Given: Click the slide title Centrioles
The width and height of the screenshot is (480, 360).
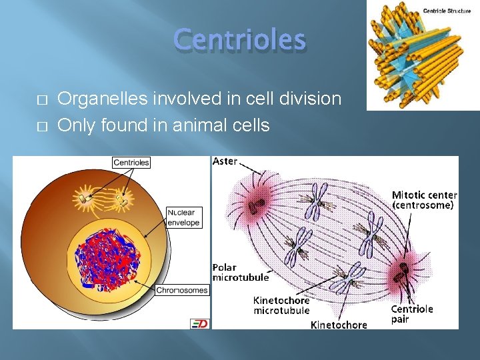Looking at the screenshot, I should [239, 40].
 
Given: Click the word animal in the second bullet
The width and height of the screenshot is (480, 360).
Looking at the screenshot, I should [197, 125].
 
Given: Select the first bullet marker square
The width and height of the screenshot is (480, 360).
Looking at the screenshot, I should [41, 100].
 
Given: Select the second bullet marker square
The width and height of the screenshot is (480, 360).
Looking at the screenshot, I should [41, 126].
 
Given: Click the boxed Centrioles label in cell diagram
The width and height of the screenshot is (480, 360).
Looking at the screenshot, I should [131, 162].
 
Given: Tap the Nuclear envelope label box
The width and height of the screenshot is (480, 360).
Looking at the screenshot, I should [184, 217].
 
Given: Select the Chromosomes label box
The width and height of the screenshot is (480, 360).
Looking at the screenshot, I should [182, 290].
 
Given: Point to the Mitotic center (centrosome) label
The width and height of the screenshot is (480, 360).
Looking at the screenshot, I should [424, 200].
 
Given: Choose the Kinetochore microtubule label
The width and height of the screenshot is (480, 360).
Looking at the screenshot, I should [281, 305].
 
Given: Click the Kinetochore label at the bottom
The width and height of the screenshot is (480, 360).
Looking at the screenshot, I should [339, 325].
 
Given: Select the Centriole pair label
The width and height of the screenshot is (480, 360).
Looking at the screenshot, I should [411, 313].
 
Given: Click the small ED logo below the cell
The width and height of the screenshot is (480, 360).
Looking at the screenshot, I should [199, 323].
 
